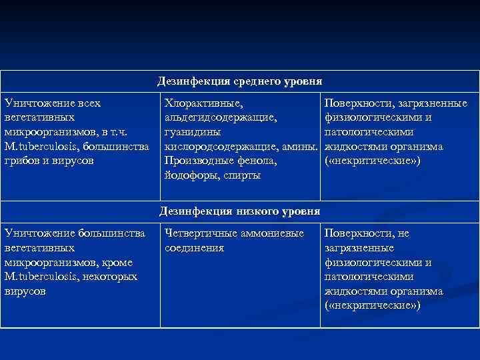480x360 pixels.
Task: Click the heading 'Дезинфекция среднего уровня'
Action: [240, 81]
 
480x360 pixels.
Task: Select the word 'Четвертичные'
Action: [198, 233]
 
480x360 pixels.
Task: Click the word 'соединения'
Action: [194, 248]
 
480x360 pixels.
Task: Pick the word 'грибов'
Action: [21, 161]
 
